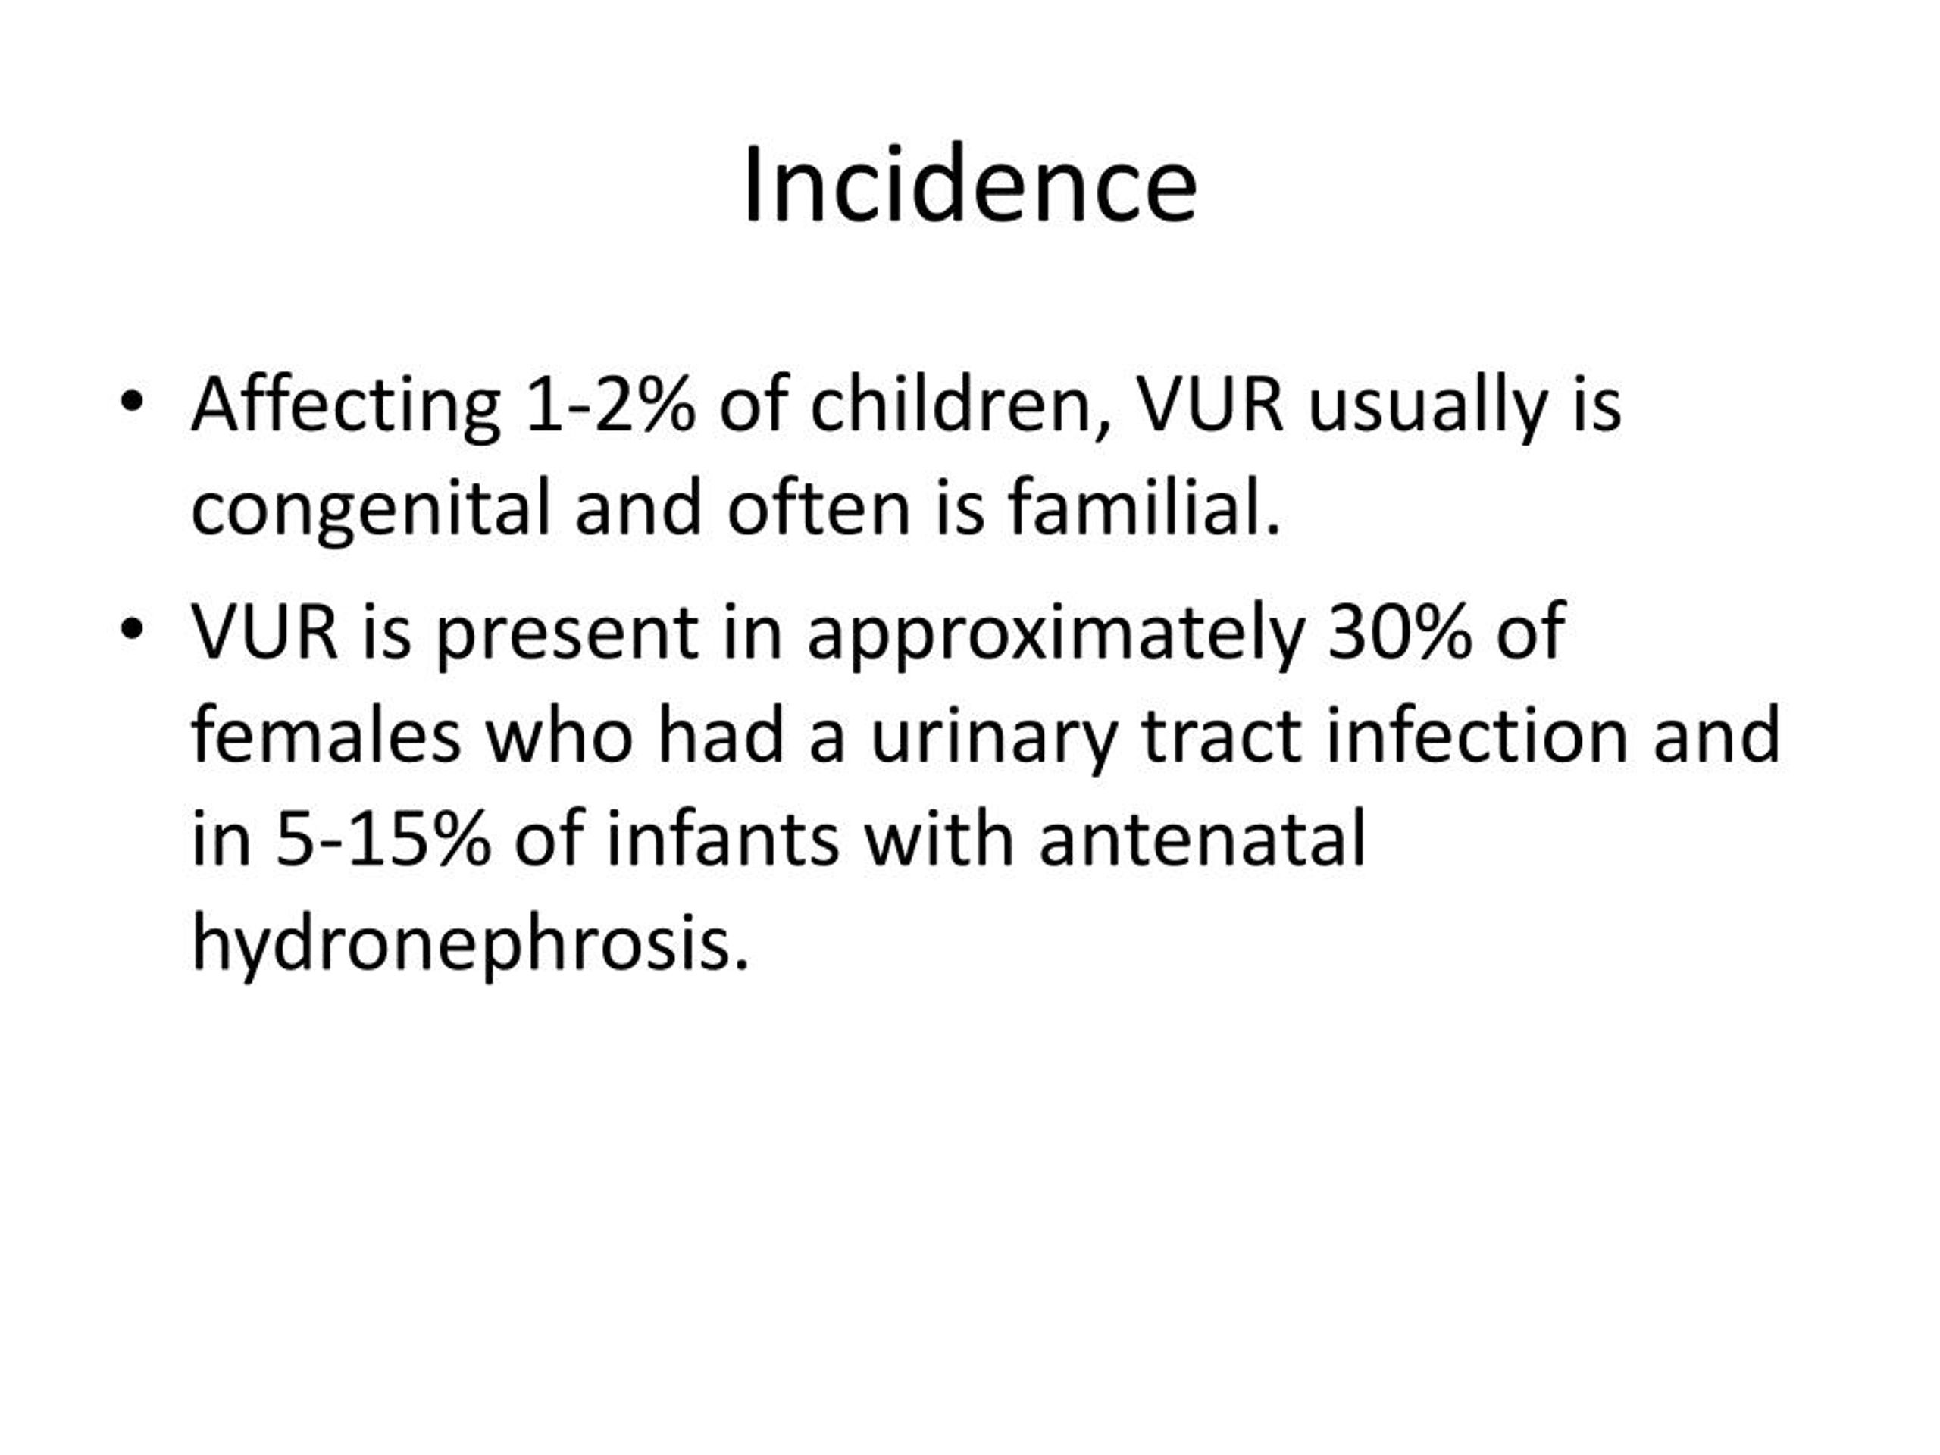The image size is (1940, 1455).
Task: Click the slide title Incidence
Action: coord(970,185)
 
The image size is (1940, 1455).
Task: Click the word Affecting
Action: coord(346,406)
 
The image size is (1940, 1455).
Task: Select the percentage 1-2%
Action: coord(610,406)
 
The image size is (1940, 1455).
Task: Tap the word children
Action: coord(960,406)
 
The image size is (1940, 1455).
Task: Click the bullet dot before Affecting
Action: coord(132,403)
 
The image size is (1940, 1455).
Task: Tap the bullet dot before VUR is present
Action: coord(132,630)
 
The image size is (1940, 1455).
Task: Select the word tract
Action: coord(1222,737)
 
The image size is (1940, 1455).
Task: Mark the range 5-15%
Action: coord(383,840)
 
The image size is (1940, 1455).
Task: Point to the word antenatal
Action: coord(1203,840)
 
